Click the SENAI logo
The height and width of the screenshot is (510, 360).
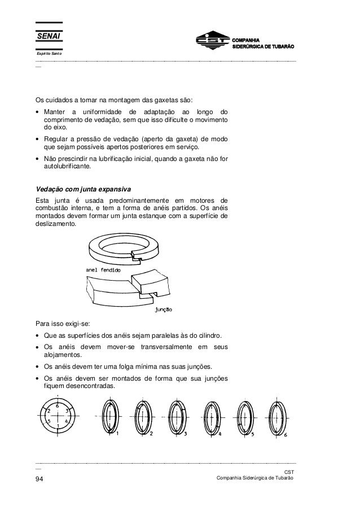point(48,37)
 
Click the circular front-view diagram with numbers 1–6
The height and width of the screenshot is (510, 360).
point(58,419)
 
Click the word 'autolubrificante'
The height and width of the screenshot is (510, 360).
point(71,168)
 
